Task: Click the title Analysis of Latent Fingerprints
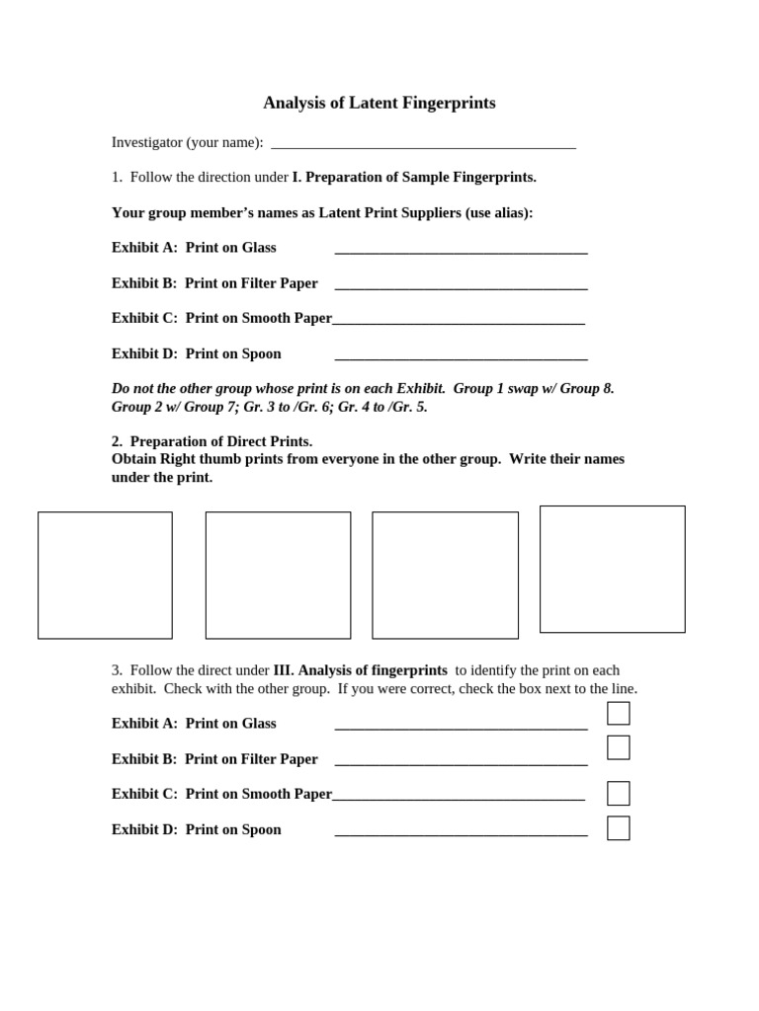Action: tap(379, 103)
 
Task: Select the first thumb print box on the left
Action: tap(105, 575)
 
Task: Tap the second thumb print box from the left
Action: tap(278, 575)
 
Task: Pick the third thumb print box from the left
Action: tap(445, 575)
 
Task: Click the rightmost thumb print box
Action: tap(612, 569)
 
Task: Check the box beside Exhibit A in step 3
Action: tap(618, 713)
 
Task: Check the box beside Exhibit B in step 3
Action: tap(618, 747)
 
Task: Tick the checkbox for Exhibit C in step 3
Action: tap(618, 793)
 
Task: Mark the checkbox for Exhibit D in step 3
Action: tap(618, 827)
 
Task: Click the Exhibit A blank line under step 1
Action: tap(461, 252)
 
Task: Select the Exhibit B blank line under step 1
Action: tap(461, 287)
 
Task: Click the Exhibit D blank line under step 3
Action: tap(461, 834)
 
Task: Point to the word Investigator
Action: tap(147, 142)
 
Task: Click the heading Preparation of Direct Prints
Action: tap(220, 441)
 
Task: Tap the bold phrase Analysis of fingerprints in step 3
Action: tap(373, 670)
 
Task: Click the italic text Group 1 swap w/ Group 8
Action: tap(534, 389)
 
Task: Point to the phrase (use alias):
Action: tap(499, 213)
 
